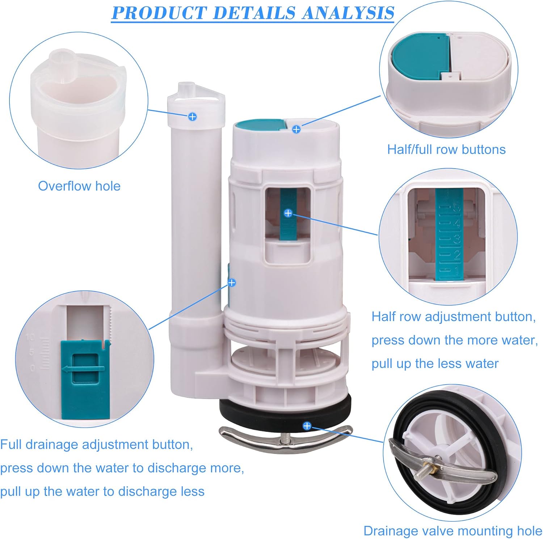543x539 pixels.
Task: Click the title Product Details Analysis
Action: click(253, 13)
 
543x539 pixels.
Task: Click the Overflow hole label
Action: click(79, 186)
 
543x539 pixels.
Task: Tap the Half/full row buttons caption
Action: click(446, 149)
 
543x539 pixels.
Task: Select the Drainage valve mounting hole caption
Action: click(453, 531)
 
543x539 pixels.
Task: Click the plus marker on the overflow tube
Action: click(193, 116)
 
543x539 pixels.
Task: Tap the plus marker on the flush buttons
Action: click(296, 129)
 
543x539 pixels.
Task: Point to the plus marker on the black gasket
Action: click(307, 426)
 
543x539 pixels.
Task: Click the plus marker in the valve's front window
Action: click(288, 213)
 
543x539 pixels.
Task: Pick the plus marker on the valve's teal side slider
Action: click(232, 282)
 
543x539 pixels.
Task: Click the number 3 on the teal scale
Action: click(457, 239)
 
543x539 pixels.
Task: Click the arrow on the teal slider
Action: click(83, 369)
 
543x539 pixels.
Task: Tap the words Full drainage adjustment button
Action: click(97, 444)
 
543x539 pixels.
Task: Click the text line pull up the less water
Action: click(435, 364)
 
